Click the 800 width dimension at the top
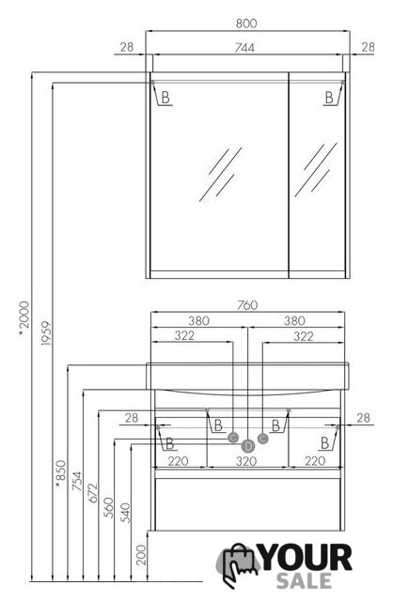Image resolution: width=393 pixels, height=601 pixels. point(246,23)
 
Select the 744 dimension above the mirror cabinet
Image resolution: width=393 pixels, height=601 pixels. point(244,48)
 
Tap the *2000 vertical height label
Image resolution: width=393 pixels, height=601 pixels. point(24,319)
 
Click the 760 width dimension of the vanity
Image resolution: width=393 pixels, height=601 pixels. point(247,305)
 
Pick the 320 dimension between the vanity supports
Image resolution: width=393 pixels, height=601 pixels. point(246,461)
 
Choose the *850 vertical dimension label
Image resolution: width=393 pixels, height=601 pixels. point(60,474)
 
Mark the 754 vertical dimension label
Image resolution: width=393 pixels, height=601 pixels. point(76,481)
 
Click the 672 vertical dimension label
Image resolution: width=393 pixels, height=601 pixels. point(93,493)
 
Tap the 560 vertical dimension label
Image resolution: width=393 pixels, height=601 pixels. point(109,507)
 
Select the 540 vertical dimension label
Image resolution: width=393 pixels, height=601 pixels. point(125,513)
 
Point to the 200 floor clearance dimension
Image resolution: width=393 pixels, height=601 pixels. point(141,555)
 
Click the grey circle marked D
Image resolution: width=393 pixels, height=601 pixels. point(248,446)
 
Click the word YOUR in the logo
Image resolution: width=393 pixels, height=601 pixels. point(306,558)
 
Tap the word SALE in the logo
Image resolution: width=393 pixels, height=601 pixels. point(304,580)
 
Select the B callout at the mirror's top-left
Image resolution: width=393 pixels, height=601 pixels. point(165,98)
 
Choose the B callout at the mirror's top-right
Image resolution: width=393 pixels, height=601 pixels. point(329,98)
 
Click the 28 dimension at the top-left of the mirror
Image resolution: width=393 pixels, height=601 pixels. point(127,47)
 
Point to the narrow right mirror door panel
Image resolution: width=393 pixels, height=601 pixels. point(317,175)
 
